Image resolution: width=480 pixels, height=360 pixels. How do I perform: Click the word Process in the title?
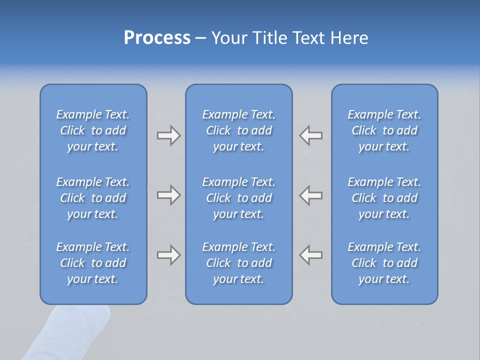click(x=157, y=38)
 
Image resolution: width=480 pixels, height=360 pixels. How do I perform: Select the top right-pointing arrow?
click(x=168, y=135)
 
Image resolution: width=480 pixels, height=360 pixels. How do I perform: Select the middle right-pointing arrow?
click(x=168, y=195)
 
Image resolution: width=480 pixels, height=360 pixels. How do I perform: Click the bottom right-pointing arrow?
click(x=168, y=255)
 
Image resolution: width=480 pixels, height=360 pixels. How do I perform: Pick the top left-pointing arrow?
click(x=310, y=135)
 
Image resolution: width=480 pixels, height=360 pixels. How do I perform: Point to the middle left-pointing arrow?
click(x=310, y=195)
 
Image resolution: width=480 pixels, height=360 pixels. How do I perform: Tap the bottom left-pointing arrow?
click(x=310, y=255)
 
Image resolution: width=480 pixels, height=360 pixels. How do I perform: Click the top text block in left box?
click(x=93, y=130)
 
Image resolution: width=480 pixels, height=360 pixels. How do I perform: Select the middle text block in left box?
click(x=93, y=198)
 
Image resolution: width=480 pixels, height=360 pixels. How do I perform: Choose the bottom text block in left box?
click(x=93, y=263)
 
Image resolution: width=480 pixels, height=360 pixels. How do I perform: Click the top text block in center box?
click(x=238, y=130)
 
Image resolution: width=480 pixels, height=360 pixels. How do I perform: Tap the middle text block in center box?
click(x=238, y=198)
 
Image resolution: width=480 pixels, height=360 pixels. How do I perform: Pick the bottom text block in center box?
click(x=238, y=263)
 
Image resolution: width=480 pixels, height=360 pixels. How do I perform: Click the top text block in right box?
click(x=384, y=130)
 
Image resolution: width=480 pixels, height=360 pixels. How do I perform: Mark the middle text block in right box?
click(x=384, y=198)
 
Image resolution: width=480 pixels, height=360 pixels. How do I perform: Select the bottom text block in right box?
click(x=384, y=263)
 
